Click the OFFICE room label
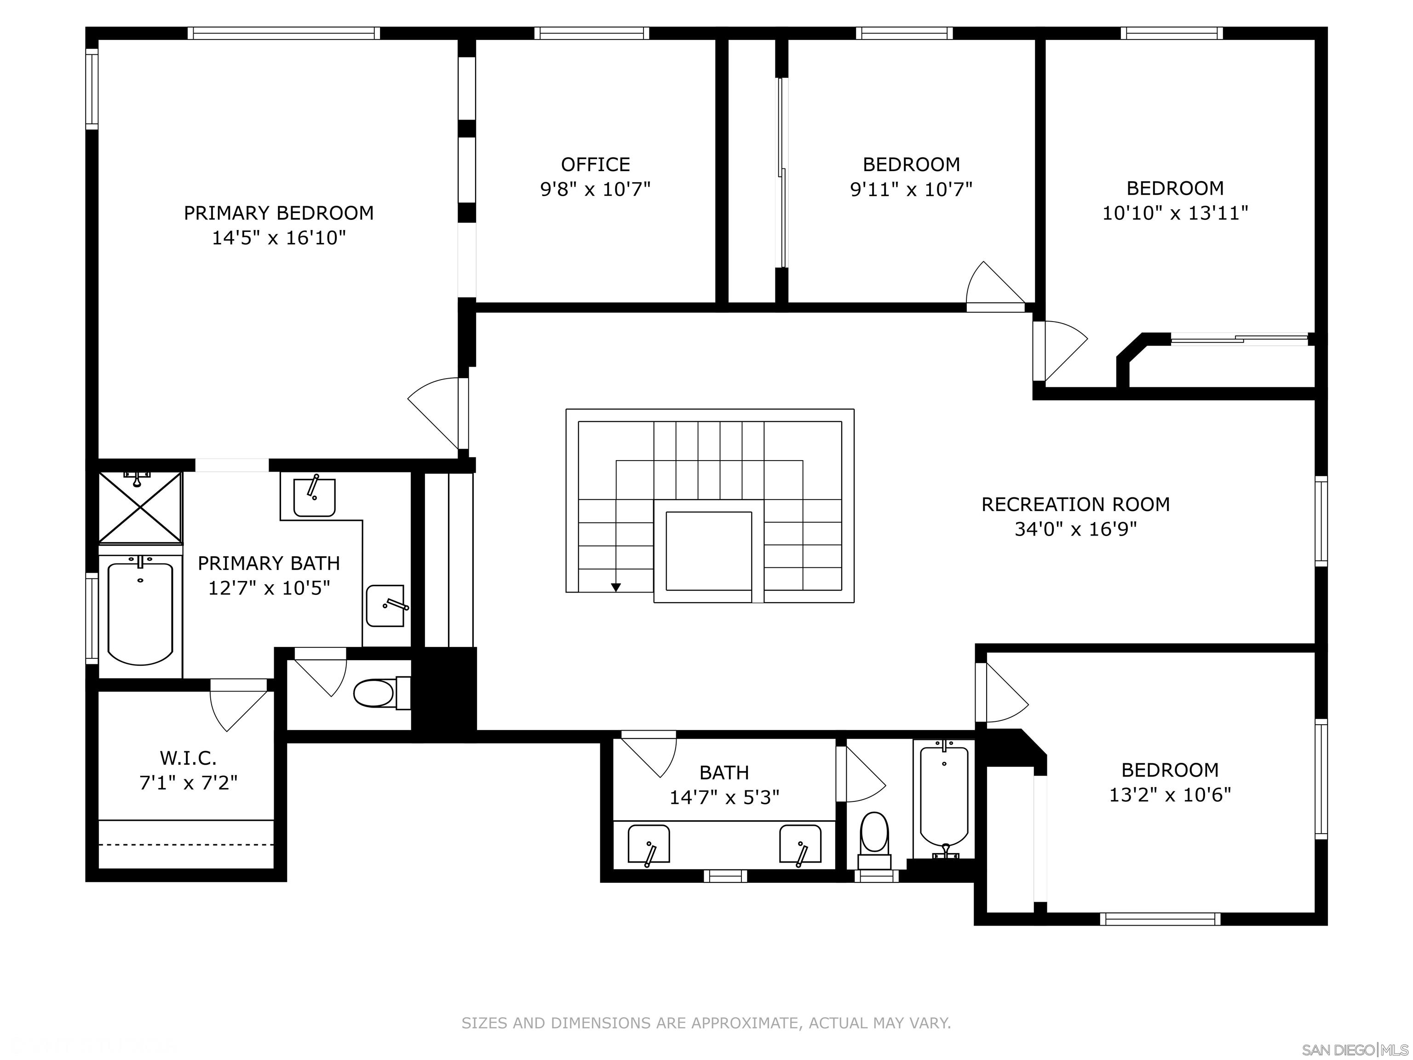(x=595, y=165)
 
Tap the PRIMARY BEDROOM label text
(x=279, y=213)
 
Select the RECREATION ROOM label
(x=1076, y=505)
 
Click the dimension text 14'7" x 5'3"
(x=724, y=797)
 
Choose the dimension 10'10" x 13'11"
(x=1175, y=213)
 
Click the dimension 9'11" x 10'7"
(x=912, y=189)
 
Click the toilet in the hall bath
(x=874, y=840)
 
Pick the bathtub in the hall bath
(x=944, y=799)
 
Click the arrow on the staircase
(x=616, y=587)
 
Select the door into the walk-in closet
(x=238, y=705)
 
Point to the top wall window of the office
(x=592, y=33)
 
